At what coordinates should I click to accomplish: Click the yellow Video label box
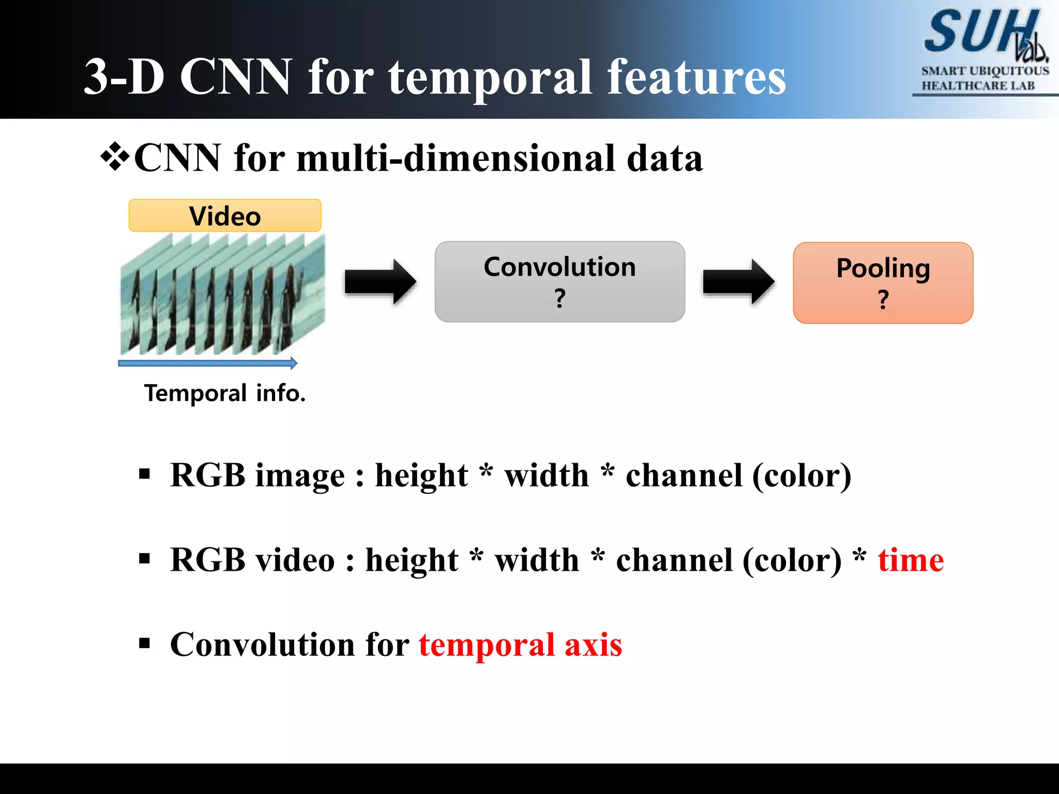tap(225, 216)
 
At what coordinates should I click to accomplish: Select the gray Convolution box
tap(559, 282)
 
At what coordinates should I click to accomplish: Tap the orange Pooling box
tap(883, 283)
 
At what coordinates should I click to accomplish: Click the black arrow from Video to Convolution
tap(380, 282)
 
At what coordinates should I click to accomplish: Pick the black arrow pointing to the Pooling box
tap(738, 282)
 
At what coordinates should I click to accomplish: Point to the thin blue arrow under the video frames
tap(207, 363)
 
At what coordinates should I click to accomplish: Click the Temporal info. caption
tap(225, 393)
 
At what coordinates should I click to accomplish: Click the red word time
tap(911, 560)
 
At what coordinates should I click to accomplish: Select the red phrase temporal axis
tap(520, 645)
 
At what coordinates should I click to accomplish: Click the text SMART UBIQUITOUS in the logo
tap(985, 71)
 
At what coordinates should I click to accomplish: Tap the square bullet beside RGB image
tap(144, 474)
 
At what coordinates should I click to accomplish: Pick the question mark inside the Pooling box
tap(883, 299)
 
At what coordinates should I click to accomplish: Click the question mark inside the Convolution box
tap(559, 298)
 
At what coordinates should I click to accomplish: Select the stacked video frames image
tap(222, 295)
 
